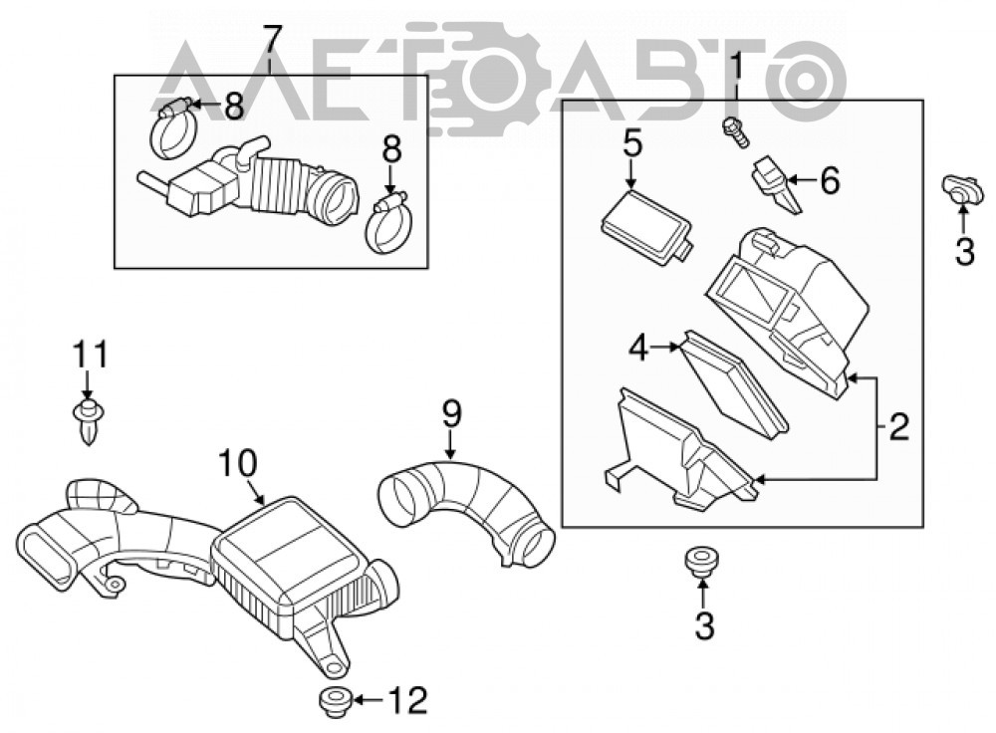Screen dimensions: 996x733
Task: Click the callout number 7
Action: point(271,41)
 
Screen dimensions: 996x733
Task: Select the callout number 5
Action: point(632,144)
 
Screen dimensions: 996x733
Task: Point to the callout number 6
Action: point(829,180)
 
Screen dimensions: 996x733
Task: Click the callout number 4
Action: point(639,348)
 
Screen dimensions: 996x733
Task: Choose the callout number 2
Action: point(898,427)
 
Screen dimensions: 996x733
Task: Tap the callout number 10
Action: point(239,464)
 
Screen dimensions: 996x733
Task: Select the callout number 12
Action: point(407,700)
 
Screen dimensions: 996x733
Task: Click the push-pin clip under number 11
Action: point(89,420)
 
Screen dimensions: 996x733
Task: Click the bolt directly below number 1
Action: point(736,132)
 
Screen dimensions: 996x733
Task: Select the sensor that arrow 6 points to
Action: point(776,186)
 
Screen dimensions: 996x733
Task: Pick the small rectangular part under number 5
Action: point(647,228)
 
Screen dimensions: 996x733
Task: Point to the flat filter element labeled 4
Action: point(733,383)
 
